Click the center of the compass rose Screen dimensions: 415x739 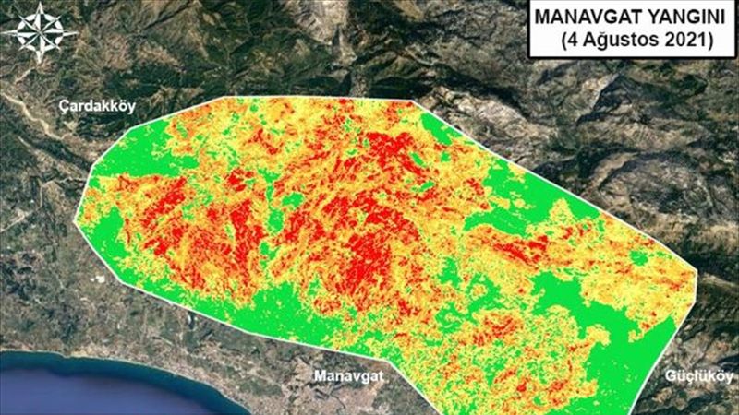(40, 32)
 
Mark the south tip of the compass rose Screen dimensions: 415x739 (40, 63)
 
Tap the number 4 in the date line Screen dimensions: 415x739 (572, 40)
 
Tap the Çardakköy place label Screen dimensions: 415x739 (96, 106)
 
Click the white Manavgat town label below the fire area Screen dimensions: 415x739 (346, 376)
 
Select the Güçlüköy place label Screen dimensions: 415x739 (698, 376)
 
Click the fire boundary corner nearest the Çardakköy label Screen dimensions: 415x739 (227, 97)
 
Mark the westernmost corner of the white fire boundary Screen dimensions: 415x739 (75, 224)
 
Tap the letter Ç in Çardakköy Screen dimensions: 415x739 (63, 106)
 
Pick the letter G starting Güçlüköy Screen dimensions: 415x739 (670, 376)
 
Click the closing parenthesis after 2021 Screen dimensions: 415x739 (709, 40)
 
